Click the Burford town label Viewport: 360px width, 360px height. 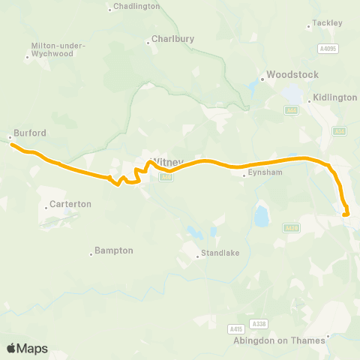click(30, 133)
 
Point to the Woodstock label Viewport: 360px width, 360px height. click(293, 75)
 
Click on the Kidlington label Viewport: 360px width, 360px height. click(335, 98)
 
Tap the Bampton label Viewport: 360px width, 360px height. click(115, 250)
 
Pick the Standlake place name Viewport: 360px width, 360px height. click(220, 253)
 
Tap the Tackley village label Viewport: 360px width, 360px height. click(327, 23)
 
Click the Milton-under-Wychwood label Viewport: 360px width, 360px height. click(57, 49)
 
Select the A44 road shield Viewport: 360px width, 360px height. click(291, 109)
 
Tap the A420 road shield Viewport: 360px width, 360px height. click(291, 227)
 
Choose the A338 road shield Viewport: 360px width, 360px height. click(259, 323)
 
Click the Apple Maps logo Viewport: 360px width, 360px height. click(27, 349)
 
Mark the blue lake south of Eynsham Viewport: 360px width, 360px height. click(261, 217)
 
